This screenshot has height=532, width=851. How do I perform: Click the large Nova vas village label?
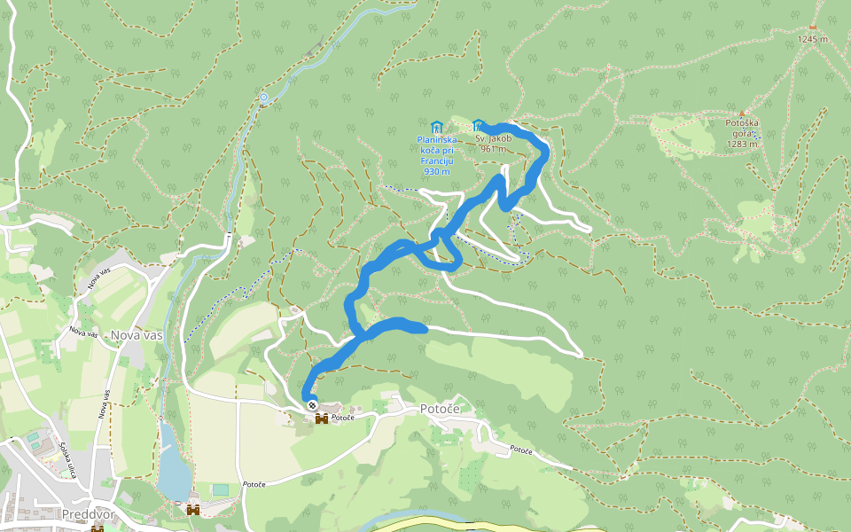(137, 335)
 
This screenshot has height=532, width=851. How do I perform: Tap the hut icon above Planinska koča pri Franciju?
(436, 127)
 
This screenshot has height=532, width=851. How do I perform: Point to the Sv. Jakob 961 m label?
(493, 144)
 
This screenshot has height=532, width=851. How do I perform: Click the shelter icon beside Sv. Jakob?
(479, 125)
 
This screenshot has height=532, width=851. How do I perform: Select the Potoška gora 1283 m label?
(741, 133)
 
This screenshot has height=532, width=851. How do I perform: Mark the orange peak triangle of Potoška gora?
(742, 113)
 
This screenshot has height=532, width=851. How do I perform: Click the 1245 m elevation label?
(812, 39)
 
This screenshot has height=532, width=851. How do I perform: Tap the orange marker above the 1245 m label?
(812, 27)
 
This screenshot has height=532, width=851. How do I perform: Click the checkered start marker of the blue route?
(312, 405)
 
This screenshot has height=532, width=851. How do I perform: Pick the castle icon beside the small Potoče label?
(322, 418)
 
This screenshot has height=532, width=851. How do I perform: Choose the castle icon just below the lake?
(192, 509)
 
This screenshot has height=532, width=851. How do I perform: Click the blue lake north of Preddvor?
(174, 465)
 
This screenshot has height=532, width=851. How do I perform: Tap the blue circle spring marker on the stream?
(263, 97)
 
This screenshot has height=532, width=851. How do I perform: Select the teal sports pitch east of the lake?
(220, 489)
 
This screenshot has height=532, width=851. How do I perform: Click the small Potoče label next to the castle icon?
(343, 418)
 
